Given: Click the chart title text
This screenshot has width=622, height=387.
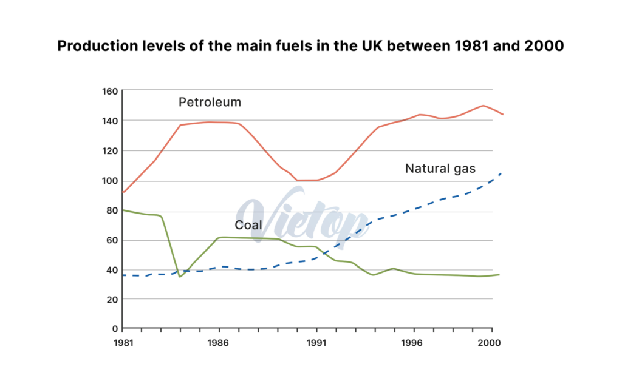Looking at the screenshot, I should point(310,47).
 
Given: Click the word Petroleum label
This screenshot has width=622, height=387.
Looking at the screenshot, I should point(210,102).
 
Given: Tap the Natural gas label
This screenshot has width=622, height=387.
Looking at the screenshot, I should point(440,169).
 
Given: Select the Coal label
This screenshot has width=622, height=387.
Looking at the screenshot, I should point(248,225).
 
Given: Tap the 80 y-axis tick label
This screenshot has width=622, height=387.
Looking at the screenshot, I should point(111,210).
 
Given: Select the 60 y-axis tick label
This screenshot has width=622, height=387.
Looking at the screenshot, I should point(111,240).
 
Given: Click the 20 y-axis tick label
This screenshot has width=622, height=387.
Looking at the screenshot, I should point(111,299).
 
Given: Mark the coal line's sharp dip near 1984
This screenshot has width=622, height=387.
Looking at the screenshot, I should point(180,276).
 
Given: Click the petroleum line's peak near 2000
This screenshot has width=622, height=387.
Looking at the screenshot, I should point(483,106).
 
